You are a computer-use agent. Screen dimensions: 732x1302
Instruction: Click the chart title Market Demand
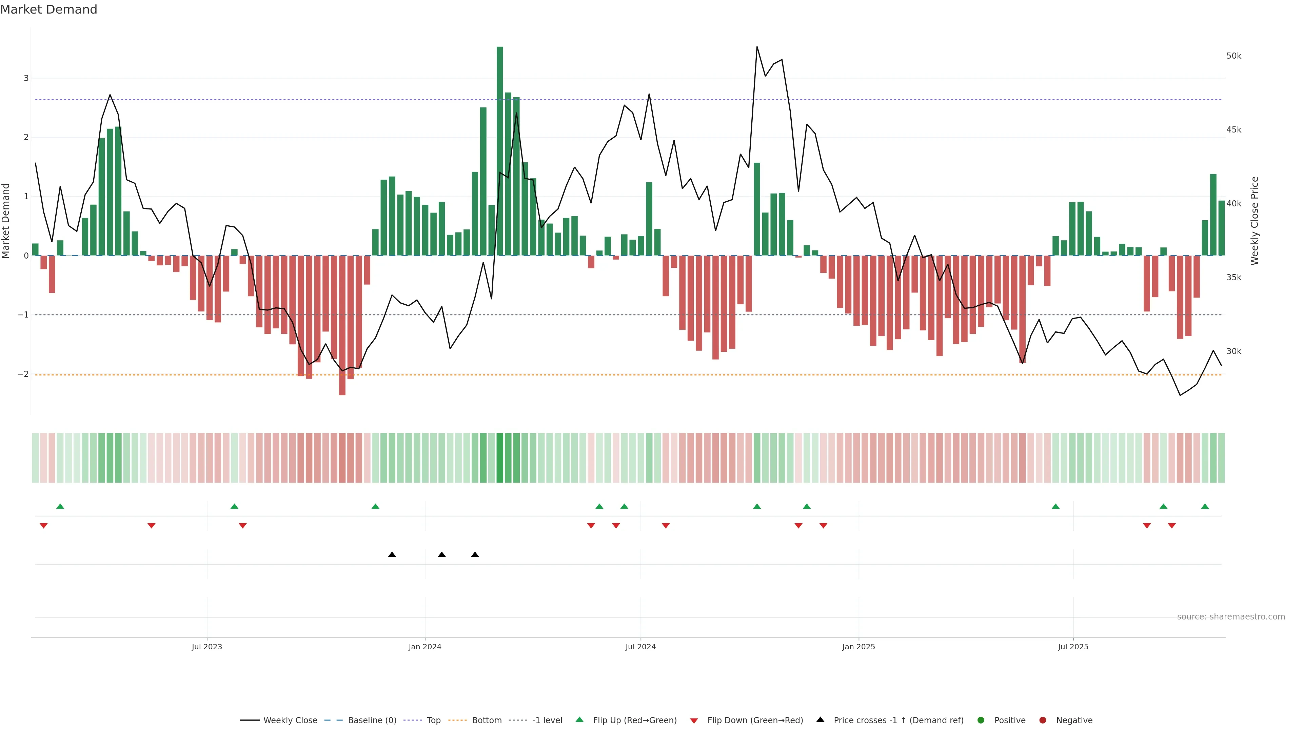[x=48, y=9]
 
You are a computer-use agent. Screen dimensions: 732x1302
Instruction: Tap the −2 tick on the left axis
[x=23, y=374]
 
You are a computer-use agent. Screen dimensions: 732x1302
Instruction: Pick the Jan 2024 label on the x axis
[x=425, y=647]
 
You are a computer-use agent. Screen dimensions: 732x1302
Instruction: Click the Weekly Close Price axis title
[x=1255, y=221]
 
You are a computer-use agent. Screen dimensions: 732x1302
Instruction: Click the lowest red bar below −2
[x=342, y=326]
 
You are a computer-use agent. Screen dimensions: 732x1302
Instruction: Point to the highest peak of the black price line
[x=757, y=47]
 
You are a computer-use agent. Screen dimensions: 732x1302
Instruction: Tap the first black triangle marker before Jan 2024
[x=392, y=555]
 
